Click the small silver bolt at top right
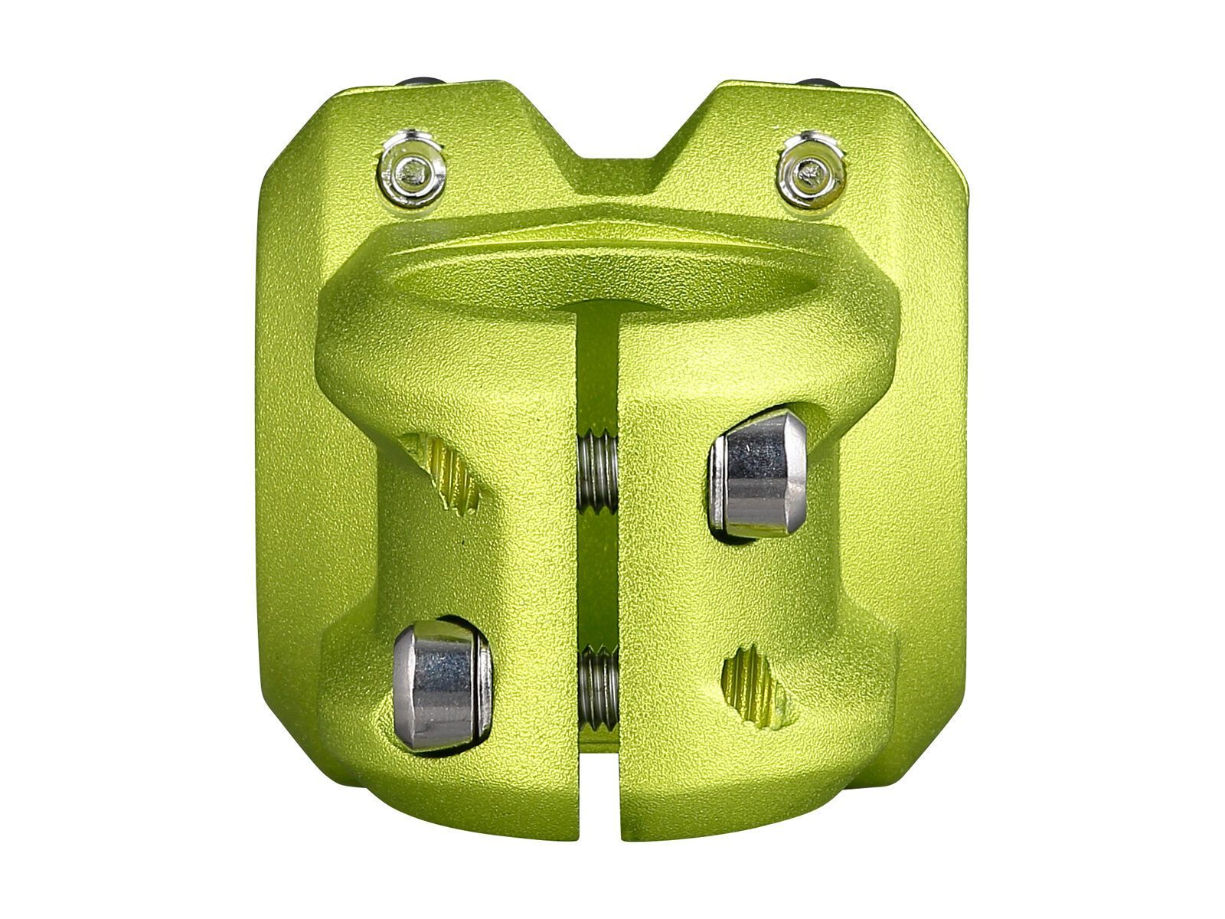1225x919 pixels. coord(810,170)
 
